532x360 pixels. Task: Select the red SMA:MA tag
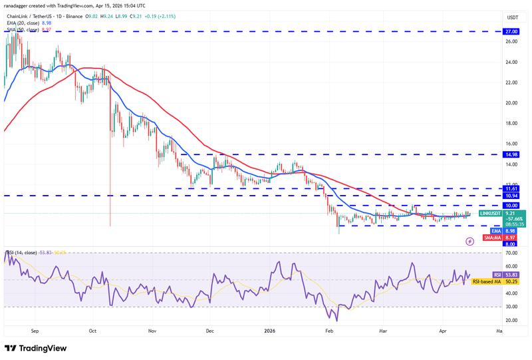pyautogui.click(x=491, y=238)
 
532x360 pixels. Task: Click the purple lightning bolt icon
pyautogui.click(x=471, y=242)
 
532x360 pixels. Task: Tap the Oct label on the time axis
pyautogui.click(x=92, y=330)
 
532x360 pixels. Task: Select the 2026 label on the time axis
pyautogui.click(x=270, y=330)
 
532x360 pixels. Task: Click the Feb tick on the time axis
pyautogui.click(x=328, y=330)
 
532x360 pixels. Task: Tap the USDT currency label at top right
pyautogui.click(x=513, y=17)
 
